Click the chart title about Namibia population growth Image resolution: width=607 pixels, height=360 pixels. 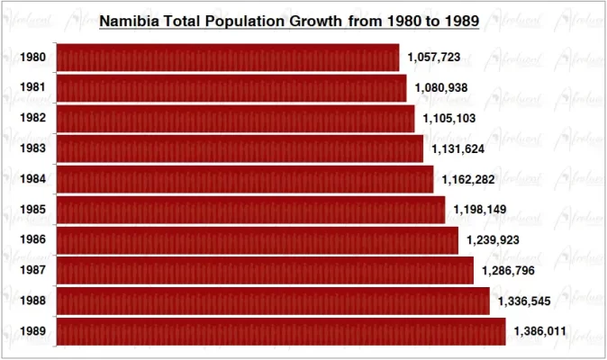click(288, 19)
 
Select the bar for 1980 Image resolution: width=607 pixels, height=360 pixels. click(228, 58)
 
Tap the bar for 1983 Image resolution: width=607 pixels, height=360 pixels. click(240, 148)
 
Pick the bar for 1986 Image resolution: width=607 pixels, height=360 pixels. click(258, 240)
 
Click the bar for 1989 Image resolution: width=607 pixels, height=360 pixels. click(281, 331)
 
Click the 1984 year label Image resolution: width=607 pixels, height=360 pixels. click(33, 179)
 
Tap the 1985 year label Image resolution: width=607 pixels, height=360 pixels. click(33, 210)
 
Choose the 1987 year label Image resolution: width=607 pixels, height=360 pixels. click(33, 271)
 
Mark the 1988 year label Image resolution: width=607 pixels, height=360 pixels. click(33, 301)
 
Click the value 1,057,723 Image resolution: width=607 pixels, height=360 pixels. click(434, 58)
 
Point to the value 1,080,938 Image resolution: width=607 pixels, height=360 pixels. click(441, 88)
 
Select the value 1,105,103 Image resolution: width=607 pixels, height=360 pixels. click(449, 119)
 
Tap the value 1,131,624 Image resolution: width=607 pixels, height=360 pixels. click(458, 148)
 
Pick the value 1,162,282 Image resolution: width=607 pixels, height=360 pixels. click(468, 179)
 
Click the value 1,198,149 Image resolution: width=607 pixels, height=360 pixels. click(480, 210)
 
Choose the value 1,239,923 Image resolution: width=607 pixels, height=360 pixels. click(494, 240)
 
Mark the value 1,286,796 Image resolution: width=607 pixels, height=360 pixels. click(509, 271)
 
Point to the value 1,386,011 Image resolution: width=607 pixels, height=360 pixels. click(540, 331)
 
